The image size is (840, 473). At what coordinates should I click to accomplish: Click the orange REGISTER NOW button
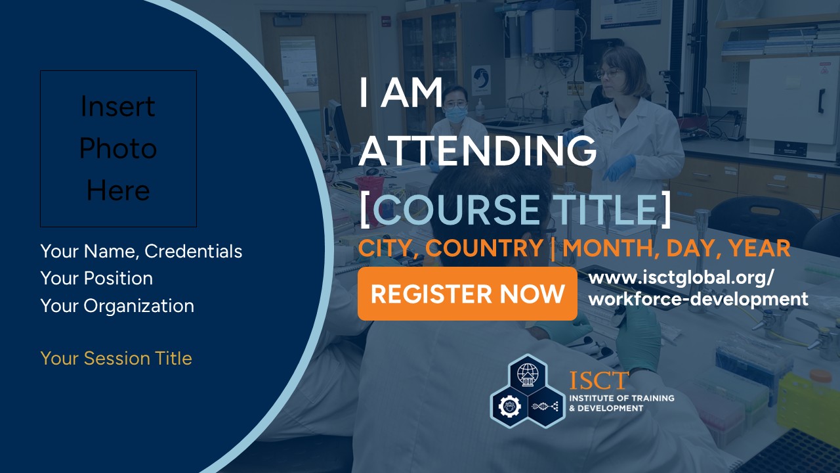click(467, 294)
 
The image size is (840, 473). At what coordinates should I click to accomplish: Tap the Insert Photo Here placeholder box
click(119, 148)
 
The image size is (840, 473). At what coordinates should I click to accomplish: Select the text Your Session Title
click(116, 358)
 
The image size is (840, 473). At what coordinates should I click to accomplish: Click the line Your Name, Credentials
click(141, 251)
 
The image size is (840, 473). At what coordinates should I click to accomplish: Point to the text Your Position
click(96, 278)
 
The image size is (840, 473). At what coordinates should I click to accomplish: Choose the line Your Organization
click(117, 306)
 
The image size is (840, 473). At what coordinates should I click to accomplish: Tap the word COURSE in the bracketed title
click(456, 210)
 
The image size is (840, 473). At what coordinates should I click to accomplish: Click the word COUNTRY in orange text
click(484, 248)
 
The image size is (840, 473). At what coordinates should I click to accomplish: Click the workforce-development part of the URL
click(698, 299)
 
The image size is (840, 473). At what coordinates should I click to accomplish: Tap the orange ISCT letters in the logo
click(599, 380)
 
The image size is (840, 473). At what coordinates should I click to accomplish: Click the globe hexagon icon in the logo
click(528, 374)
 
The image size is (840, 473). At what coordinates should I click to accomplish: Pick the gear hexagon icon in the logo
click(509, 407)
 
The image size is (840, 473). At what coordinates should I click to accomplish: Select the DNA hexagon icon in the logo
click(545, 407)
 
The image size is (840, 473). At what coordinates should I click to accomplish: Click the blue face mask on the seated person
click(455, 114)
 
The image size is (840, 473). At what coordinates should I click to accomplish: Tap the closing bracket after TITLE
click(665, 210)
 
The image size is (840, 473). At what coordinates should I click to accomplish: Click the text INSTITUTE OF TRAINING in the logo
click(621, 398)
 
